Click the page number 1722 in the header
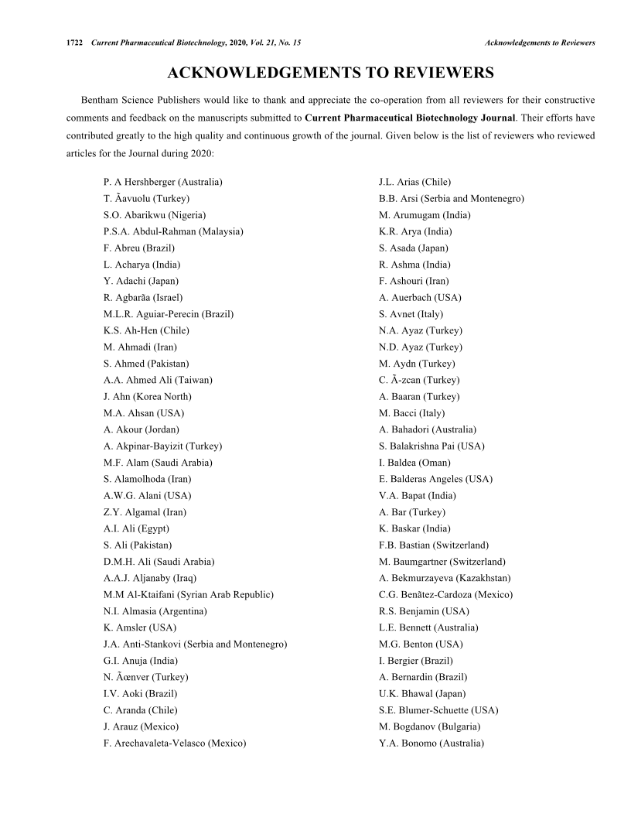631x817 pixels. click(76, 42)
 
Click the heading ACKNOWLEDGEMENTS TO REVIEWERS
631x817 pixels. click(330, 73)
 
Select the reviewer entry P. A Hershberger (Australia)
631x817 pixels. click(162, 182)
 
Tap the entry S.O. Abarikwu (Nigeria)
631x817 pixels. click(155, 215)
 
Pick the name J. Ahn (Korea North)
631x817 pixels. click(144, 397)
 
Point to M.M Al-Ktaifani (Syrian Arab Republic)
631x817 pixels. click(188, 595)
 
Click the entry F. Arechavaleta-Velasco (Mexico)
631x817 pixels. click(175, 744)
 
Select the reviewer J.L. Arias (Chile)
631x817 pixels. click(414, 182)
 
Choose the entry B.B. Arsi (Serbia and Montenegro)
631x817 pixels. click(451, 199)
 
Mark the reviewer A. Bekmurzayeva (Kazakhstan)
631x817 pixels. click(445, 578)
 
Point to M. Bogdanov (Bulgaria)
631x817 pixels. click(429, 726)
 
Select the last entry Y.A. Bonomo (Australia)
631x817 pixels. click(431, 744)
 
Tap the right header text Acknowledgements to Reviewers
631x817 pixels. click(540, 42)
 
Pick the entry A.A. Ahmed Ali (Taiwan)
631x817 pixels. click(158, 380)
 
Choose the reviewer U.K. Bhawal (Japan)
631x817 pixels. click(422, 694)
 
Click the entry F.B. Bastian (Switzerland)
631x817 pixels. click(433, 545)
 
